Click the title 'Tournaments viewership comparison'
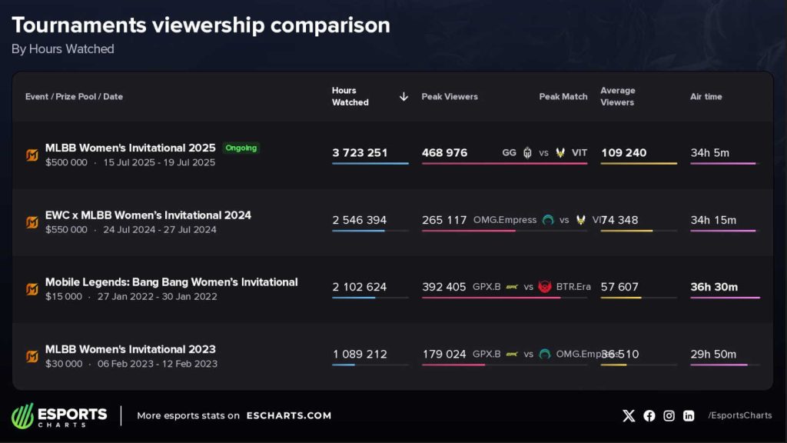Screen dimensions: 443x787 click(201, 25)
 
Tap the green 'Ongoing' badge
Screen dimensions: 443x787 click(241, 148)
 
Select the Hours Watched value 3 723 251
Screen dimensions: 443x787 click(360, 153)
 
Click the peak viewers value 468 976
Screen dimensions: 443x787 click(444, 153)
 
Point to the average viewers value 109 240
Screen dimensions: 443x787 click(623, 153)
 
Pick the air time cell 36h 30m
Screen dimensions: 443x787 click(714, 287)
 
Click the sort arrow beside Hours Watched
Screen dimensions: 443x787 click(403, 97)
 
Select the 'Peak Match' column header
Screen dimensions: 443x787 click(563, 97)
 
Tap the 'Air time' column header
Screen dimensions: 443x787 click(706, 97)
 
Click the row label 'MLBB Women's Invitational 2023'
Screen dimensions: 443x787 click(130, 349)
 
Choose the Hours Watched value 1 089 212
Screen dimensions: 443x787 click(360, 355)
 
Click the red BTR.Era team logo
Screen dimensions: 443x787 click(545, 287)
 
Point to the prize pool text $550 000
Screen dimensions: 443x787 click(66, 230)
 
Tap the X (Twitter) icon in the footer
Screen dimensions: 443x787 click(629, 415)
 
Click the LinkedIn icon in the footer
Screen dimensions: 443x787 click(689, 415)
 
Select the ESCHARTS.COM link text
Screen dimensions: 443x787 click(288, 415)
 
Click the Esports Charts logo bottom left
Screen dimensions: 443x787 click(60, 415)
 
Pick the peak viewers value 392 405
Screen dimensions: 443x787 click(443, 287)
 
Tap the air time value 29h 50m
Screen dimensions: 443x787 click(713, 355)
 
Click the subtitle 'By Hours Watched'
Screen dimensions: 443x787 click(63, 49)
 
